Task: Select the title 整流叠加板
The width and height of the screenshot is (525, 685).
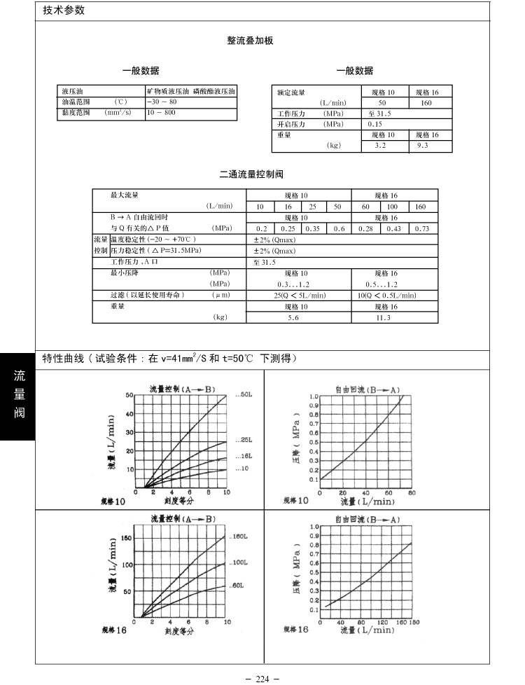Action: point(250,41)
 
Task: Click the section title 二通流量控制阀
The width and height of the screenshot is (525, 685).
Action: point(251,174)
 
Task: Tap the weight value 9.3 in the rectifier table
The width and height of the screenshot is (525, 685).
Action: point(422,146)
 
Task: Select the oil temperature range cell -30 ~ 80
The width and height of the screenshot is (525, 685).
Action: point(162,102)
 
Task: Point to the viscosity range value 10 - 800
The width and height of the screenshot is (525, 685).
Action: point(162,112)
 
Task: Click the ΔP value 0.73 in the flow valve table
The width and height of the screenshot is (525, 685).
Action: point(422,229)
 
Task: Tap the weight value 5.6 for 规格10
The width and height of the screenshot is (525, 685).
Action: point(293,318)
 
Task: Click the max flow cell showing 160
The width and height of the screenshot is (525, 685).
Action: point(421,207)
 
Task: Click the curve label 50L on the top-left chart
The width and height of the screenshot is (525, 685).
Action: point(244,395)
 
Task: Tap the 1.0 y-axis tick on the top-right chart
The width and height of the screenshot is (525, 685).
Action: point(314,396)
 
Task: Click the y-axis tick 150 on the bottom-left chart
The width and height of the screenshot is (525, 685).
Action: point(126,537)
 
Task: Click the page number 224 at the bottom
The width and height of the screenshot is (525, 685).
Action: point(262,679)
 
